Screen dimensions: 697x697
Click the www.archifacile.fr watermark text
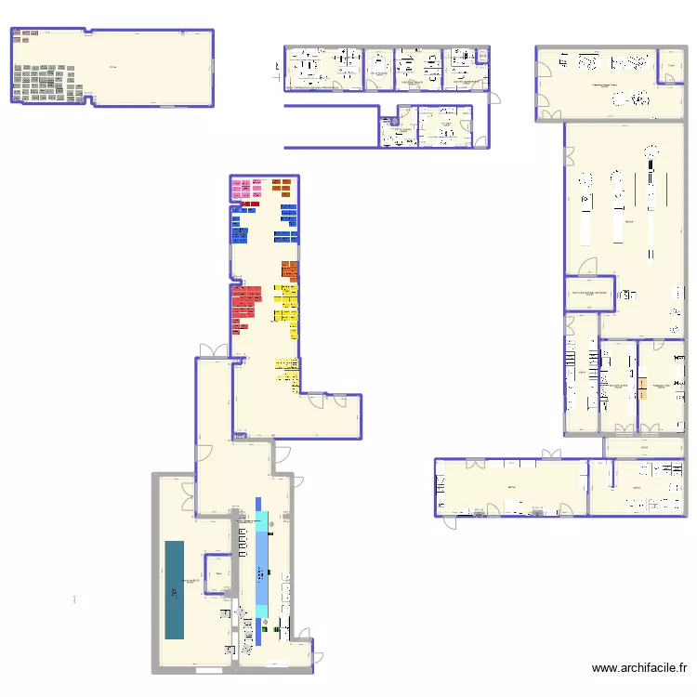click(640, 668)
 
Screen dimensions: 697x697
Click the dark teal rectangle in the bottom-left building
click(175, 589)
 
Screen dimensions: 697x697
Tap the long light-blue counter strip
click(262, 567)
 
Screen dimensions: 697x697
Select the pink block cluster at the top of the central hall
click(245, 190)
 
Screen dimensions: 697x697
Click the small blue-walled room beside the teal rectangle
click(218, 573)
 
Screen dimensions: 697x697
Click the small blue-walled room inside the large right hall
click(589, 293)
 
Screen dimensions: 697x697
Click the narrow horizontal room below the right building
click(646, 447)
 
